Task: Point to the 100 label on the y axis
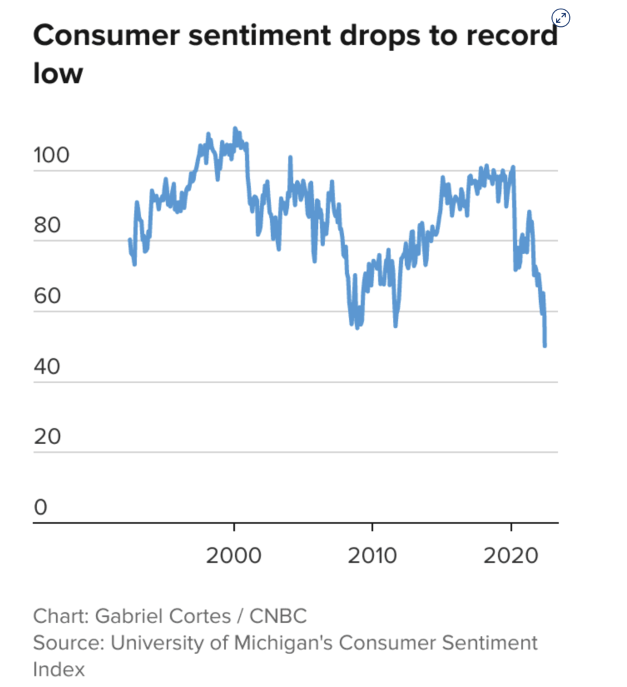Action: [x=51, y=156]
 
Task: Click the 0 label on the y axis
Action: [x=42, y=507]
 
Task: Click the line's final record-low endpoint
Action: [x=545, y=346]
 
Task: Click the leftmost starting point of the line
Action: [x=130, y=240]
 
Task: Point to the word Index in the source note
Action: [x=59, y=669]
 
